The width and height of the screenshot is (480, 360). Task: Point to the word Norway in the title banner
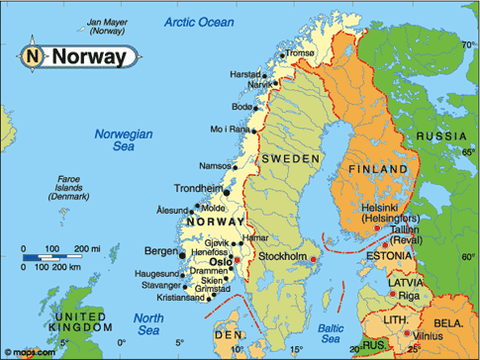[x=89, y=57]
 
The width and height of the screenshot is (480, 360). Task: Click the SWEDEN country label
[x=291, y=158]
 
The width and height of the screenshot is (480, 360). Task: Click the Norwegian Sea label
[x=122, y=140]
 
